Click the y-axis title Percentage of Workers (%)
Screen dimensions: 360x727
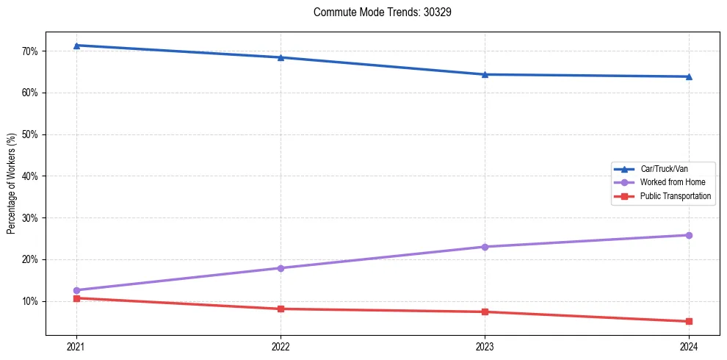click(12, 184)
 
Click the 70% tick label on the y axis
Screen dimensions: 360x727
click(29, 51)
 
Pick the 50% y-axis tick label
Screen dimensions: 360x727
click(29, 134)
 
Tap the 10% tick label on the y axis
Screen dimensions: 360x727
click(29, 301)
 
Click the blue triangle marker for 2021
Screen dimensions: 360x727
click(76, 46)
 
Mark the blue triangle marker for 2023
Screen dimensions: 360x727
click(485, 74)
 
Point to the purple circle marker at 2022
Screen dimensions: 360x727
click(281, 268)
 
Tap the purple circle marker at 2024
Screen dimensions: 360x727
click(689, 235)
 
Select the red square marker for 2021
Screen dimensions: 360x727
click(76, 298)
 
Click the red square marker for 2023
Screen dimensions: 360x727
click(485, 312)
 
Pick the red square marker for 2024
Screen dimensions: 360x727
click(689, 321)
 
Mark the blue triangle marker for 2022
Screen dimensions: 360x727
click(281, 57)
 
